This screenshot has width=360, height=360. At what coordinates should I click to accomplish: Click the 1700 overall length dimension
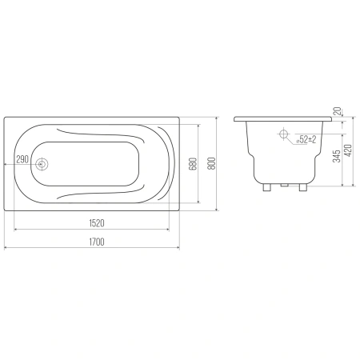97,242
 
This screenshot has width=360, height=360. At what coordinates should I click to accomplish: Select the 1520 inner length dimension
97,223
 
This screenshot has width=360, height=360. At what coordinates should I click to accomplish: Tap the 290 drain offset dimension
22,159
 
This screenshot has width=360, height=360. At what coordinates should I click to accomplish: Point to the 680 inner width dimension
194,164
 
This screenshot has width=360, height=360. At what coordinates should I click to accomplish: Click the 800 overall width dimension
211,163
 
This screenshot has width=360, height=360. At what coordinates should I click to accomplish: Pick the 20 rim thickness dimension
338,110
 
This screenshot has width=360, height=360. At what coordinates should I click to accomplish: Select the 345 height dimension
337,156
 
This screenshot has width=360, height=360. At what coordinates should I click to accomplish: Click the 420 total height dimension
348,150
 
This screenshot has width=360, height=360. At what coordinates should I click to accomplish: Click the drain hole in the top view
42,164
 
